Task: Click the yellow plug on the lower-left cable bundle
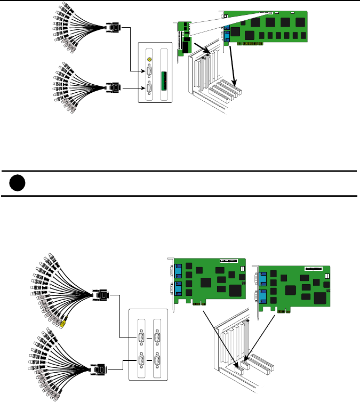point(64,323)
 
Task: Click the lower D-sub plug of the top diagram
point(113,87)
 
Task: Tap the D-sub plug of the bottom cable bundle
point(100,368)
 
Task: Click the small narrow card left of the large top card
point(183,37)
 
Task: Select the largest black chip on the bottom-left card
point(236,289)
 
